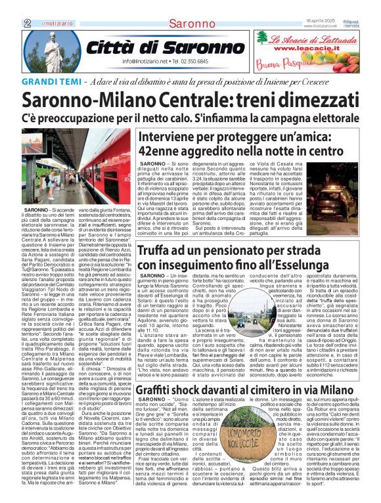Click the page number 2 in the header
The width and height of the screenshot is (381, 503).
click(x=10, y=24)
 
